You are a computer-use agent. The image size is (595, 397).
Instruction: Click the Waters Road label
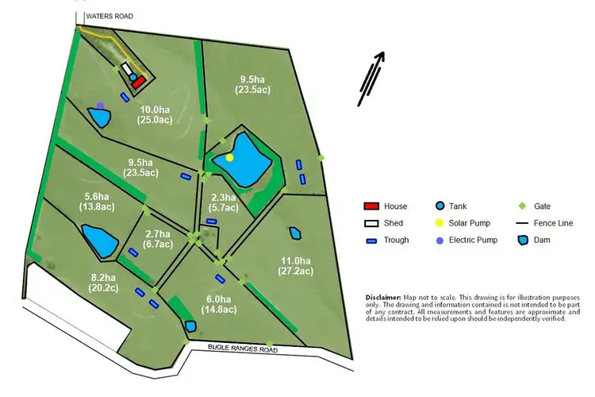click(x=110, y=16)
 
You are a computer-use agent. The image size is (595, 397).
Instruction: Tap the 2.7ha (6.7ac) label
click(x=158, y=239)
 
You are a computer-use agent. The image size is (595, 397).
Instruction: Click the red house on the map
click(x=139, y=81)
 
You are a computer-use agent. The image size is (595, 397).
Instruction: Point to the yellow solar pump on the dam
click(x=230, y=157)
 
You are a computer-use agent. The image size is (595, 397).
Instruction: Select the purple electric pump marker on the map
click(x=100, y=105)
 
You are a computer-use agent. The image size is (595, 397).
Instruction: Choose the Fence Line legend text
click(x=555, y=223)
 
